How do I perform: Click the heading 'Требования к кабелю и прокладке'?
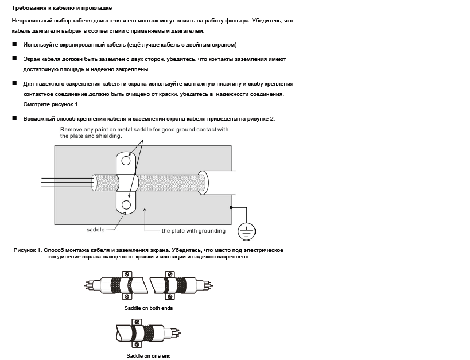(62, 8)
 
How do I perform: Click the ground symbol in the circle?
(247, 230)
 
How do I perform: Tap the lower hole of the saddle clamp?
(127, 204)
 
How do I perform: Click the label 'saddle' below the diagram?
(95, 230)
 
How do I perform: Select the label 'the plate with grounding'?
(193, 231)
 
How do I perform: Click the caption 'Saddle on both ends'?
(149, 308)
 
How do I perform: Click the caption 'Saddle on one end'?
(149, 356)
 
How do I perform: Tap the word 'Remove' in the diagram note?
(72, 130)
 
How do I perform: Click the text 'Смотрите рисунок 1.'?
(51, 104)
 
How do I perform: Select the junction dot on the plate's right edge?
(232, 207)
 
